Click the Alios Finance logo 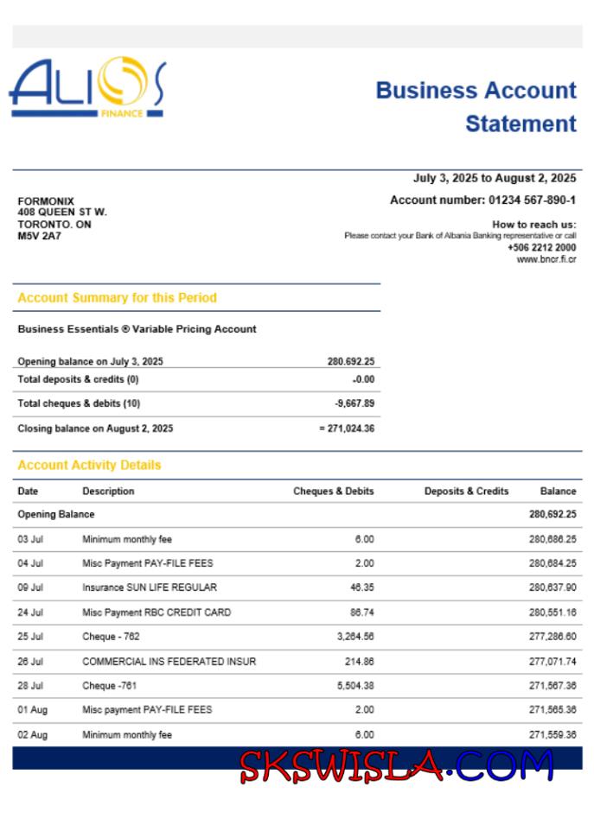pyautogui.click(x=86, y=88)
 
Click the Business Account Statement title pyautogui.click(x=476, y=107)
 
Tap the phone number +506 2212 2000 pyautogui.click(x=541, y=247)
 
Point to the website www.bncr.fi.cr pyautogui.click(x=546, y=259)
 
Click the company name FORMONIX pyautogui.click(x=46, y=201)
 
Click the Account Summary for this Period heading pyautogui.click(x=117, y=298)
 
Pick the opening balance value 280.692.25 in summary pyautogui.click(x=350, y=362)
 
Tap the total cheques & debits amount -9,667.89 pyautogui.click(x=354, y=403)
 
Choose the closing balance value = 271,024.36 pyautogui.click(x=346, y=428)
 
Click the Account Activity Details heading pyautogui.click(x=89, y=465)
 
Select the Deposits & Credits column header pyautogui.click(x=466, y=492)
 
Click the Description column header pyautogui.click(x=108, y=492)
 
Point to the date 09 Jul pyautogui.click(x=31, y=587)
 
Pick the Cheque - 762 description pyautogui.click(x=111, y=637)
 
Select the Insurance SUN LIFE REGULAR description pyautogui.click(x=150, y=587)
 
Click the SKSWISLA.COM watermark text pyautogui.click(x=395, y=765)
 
